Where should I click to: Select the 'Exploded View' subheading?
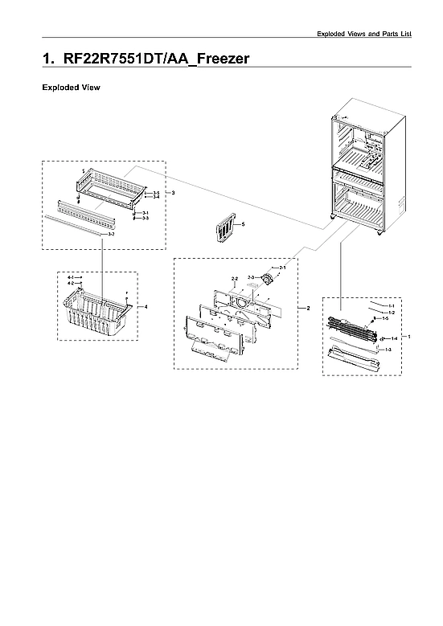pos(71,87)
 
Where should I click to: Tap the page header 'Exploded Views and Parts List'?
pos(363,34)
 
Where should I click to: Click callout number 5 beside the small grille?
pos(243,224)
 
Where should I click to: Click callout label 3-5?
pos(156,193)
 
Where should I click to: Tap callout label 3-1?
pos(145,213)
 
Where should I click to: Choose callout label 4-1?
pos(70,277)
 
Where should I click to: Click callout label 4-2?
pos(70,284)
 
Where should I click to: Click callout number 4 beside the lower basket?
pos(146,307)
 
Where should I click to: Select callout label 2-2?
pos(234,279)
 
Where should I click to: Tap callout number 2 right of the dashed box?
pos(308,309)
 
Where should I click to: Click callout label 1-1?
pos(391,306)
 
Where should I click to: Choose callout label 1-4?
pos(394,338)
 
